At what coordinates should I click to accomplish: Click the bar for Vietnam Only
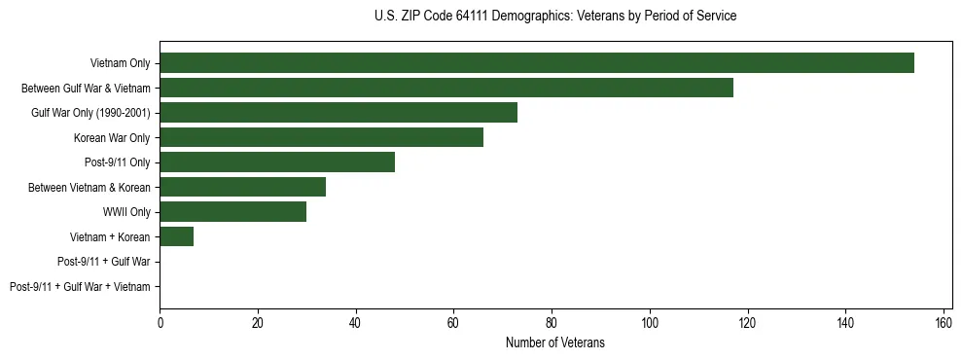coord(536,63)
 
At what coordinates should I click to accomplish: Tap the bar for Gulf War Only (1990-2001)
coord(338,113)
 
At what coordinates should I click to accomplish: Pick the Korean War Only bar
coord(321,137)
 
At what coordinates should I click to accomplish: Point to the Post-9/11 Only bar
coord(277,162)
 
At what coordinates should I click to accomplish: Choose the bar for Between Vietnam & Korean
coord(242,187)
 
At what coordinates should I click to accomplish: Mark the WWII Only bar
coord(232,212)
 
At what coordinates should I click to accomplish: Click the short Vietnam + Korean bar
coord(176,236)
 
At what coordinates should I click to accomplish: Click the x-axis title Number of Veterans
coord(554,342)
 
